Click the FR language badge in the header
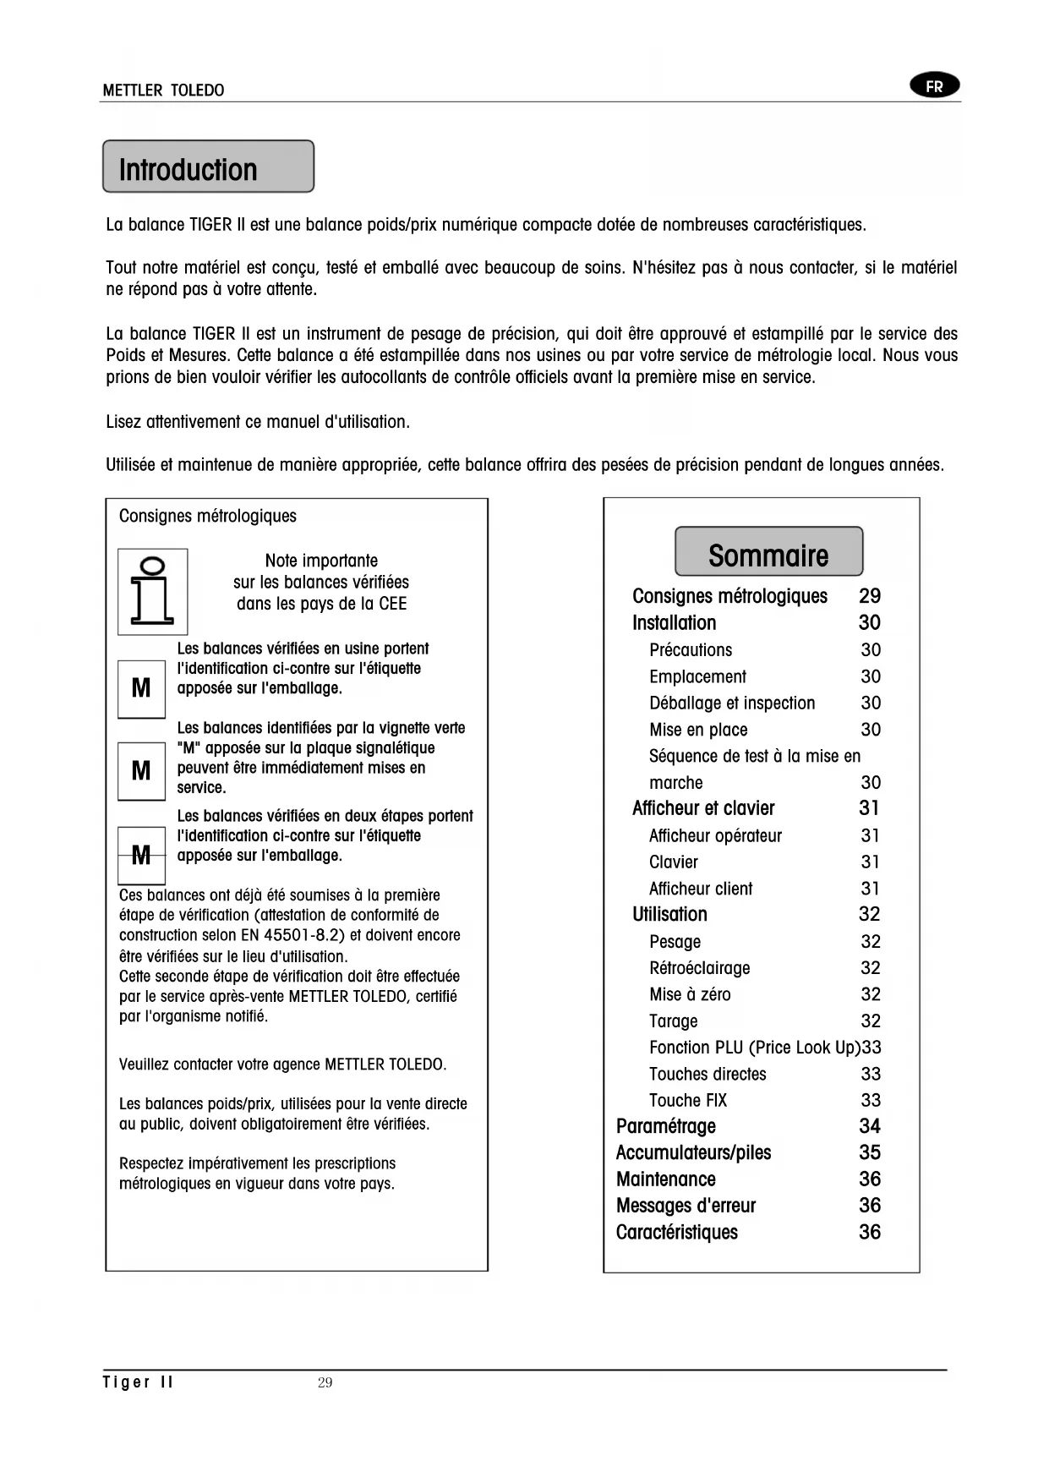coord(934,86)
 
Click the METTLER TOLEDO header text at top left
coord(163,90)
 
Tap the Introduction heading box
coord(208,167)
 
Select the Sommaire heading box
coord(768,553)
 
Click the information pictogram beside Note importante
coord(152,591)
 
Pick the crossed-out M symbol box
coord(141,855)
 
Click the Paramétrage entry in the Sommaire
coord(666,1126)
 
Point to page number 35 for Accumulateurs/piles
coord(870,1152)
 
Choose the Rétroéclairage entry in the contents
coord(699,968)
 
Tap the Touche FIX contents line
coord(687,1100)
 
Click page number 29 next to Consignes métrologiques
coord(870,596)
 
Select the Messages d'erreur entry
coord(686,1206)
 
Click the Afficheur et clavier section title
coord(703,808)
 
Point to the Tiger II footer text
coord(138,1382)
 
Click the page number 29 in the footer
coord(325,1383)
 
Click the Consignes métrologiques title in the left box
coord(208,516)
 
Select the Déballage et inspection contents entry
coord(732,703)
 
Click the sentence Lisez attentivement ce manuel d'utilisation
coord(258,421)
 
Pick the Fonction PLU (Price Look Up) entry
coord(754,1048)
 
